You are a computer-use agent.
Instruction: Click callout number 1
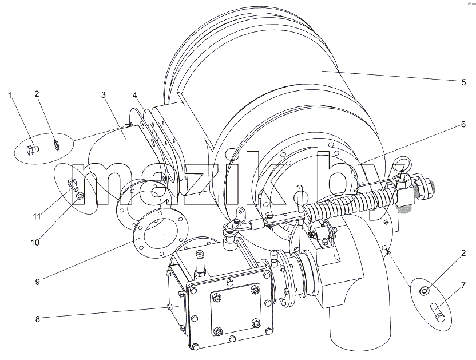tap(10, 96)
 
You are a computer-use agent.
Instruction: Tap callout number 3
tap(104, 95)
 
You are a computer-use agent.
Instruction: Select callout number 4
tap(135, 96)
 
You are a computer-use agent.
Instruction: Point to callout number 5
tap(463, 82)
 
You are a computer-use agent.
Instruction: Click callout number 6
tap(463, 124)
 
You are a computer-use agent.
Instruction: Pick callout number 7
tap(463, 286)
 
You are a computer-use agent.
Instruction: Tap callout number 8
tap(37, 319)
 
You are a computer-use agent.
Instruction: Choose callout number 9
tap(37, 282)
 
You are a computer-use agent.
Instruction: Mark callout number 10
tap(35, 243)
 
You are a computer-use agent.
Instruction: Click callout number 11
tap(37, 216)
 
